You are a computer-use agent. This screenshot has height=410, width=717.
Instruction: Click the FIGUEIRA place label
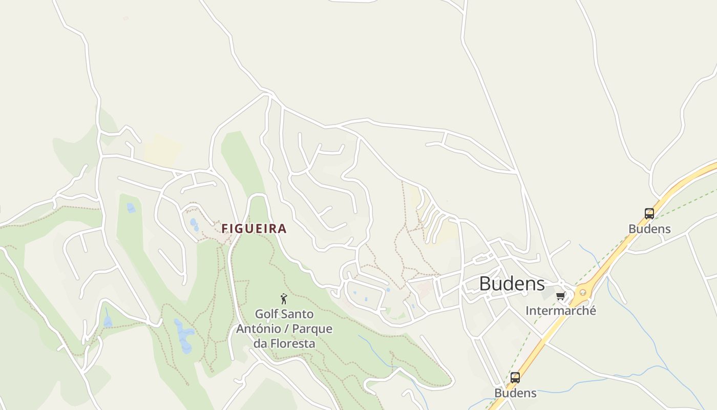(254, 229)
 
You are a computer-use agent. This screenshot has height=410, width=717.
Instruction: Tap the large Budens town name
(512, 283)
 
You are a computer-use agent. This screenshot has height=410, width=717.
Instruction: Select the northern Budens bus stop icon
(649, 214)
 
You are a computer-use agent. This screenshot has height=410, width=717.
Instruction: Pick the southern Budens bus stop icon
(515, 378)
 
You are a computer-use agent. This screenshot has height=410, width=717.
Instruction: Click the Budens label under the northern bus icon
(649, 229)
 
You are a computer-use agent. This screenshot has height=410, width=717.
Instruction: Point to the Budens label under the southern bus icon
(515, 393)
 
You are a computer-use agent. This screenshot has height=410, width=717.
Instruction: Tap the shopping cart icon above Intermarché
(561, 296)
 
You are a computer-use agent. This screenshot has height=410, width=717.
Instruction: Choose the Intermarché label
(561, 311)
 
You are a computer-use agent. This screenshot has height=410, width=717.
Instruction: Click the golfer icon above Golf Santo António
(284, 299)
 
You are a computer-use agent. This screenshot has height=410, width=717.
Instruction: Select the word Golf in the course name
(266, 314)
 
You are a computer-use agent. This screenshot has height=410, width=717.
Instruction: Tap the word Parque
(312, 329)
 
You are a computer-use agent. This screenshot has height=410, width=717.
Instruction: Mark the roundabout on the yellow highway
(581, 294)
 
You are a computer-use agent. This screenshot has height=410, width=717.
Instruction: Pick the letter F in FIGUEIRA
(225, 229)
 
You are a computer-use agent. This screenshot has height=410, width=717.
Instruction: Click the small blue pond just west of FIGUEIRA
(194, 224)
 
